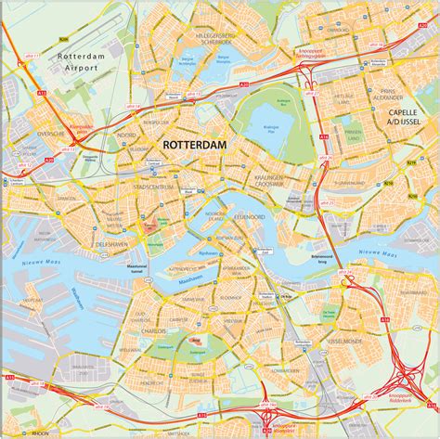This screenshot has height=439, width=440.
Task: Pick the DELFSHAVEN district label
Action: [x=113, y=244]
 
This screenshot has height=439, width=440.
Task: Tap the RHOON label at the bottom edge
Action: [x=40, y=433]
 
